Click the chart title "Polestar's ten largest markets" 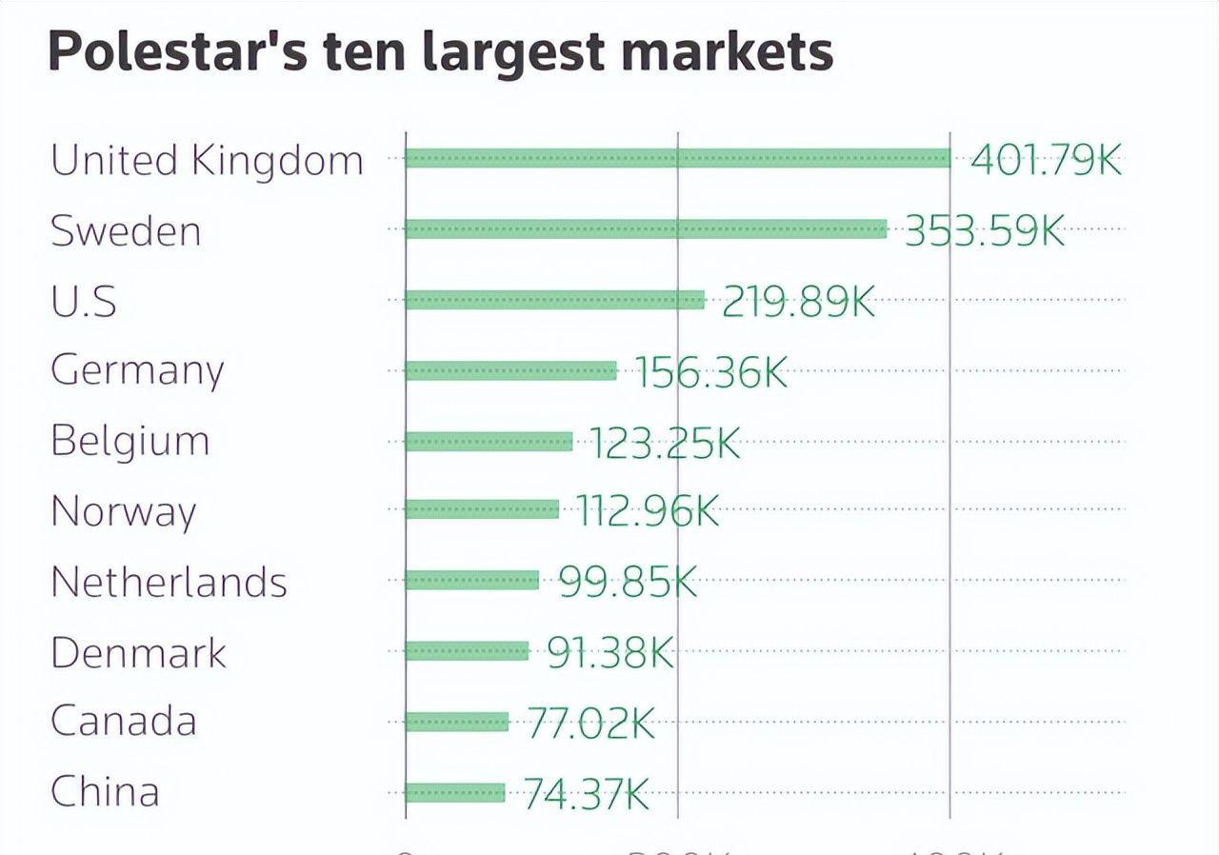click(x=440, y=51)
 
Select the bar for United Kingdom click(x=677, y=158)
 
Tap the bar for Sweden click(x=646, y=229)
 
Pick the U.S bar click(x=554, y=300)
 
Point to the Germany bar click(x=510, y=370)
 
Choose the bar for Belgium click(x=489, y=441)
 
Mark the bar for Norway click(x=482, y=509)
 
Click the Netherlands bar click(x=471, y=580)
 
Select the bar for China click(x=454, y=792)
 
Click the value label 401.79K click(x=1046, y=159)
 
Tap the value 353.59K click(x=984, y=230)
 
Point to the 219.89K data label click(x=798, y=301)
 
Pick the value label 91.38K click(x=610, y=652)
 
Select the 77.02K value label click(x=590, y=724)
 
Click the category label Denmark click(x=138, y=652)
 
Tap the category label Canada click(x=123, y=721)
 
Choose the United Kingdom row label click(x=207, y=160)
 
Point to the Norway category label click(x=123, y=511)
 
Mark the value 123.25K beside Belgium click(x=665, y=443)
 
